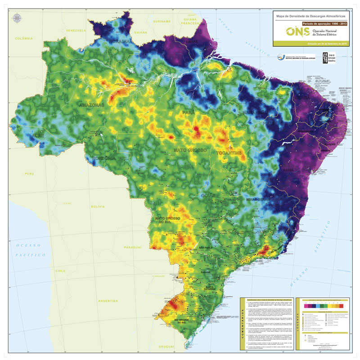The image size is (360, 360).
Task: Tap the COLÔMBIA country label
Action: (x=25, y=39)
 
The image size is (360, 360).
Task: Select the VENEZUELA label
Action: (x=76, y=30)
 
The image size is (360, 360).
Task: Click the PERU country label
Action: (x=30, y=173)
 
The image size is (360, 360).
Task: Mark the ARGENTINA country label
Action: (x=107, y=300)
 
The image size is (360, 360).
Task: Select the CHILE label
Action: (x=60, y=271)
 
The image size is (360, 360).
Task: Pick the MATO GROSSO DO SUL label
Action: (x=167, y=220)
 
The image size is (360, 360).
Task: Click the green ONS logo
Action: (x=297, y=33)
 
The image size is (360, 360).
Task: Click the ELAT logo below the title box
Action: (x=325, y=58)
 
